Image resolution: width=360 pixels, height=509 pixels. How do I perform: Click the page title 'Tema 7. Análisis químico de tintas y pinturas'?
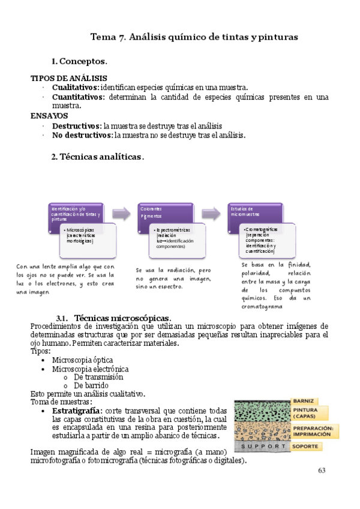coord(194,37)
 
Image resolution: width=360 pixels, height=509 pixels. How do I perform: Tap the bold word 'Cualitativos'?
coord(75,88)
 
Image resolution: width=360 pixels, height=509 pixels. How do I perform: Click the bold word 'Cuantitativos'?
coord(78,97)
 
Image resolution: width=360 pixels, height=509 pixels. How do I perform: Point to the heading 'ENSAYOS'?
coord(49,116)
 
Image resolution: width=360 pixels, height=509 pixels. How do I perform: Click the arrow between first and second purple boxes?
coord(122,213)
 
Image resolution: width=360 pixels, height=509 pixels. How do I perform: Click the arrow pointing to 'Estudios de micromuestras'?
coord(211,213)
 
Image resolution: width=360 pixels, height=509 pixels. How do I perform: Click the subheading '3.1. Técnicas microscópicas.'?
coord(113,318)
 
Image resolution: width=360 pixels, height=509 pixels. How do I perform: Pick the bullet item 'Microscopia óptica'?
coord(78,360)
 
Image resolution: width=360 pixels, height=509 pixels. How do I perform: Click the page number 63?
coord(322,470)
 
